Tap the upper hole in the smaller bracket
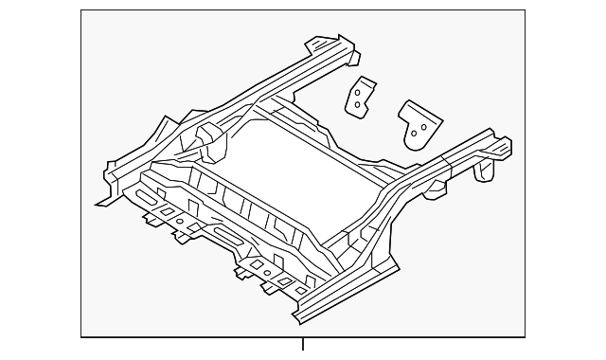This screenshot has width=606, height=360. click(x=359, y=93)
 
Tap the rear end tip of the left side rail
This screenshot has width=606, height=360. click(x=327, y=42)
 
